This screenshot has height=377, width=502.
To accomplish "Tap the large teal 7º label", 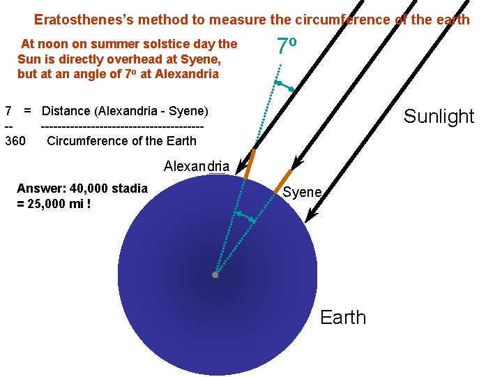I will pyautogui.click(x=287, y=46).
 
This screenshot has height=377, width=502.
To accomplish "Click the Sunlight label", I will pyautogui.click(x=439, y=116).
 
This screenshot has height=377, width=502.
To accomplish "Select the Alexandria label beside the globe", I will pyautogui.click(x=196, y=166).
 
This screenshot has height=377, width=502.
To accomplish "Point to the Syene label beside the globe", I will pyautogui.click(x=302, y=192).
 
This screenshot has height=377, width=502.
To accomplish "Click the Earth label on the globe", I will pyautogui.click(x=342, y=318).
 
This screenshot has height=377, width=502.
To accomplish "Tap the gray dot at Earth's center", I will pyautogui.click(x=215, y=275).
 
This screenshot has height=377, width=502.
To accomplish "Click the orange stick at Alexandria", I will pyautogui.click(x=248, y=161).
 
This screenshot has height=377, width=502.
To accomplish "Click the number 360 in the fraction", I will pyautogui.click(x=15, y=141).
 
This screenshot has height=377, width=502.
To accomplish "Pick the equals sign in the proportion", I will pyautogui.click(x=28, y=110).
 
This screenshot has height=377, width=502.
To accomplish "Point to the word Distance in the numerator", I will pyautogui.click(x=66, y=110).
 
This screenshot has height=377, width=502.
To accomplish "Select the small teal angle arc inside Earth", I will pyautogui.click(x=245, y=216).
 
